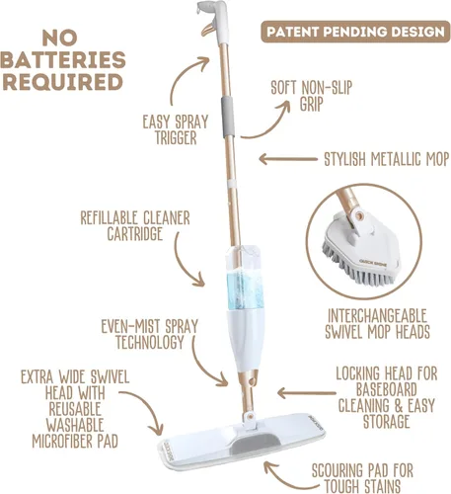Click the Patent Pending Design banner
[355, 32]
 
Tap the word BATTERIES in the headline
[63, 60]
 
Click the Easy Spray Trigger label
[176, 129]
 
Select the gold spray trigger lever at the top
[208, 30]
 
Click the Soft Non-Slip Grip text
[311, 96]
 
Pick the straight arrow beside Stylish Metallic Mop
[288, 159]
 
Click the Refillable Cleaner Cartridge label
[135, 226]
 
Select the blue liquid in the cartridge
[245, 291]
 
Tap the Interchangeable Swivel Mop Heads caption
[377, 323]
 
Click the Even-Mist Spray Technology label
[150, 334]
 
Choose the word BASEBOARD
[386, 389]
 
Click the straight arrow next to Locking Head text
[307, 393]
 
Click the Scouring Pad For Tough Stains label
[362, 478]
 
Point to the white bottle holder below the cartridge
[246, 339]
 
